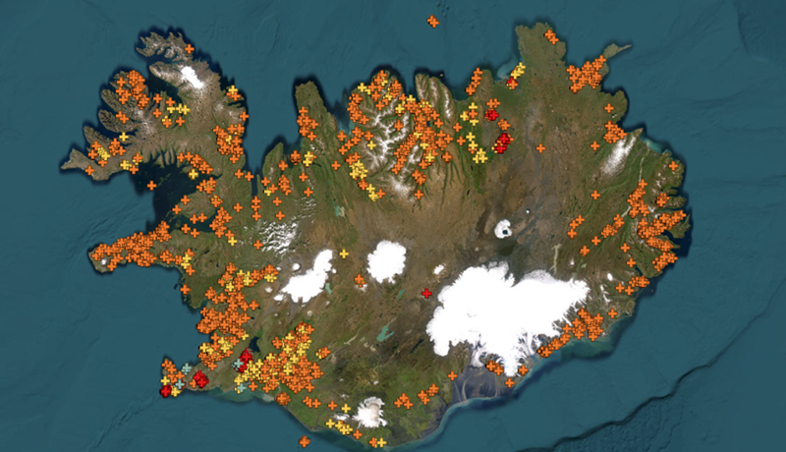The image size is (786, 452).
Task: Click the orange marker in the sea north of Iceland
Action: tap(433, 21)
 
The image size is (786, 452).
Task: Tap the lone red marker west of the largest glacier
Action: tap(426, 293)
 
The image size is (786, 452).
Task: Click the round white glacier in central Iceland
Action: tap(386, 260)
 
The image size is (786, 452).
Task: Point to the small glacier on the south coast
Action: tap(371, 412)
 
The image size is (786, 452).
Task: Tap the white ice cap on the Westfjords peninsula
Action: tap(192, 77)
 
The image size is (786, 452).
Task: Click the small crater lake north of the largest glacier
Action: tap(503, 229)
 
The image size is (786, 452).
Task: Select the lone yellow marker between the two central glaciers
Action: tap(344, 254)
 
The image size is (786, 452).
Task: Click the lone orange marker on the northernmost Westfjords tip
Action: tap(189, 48)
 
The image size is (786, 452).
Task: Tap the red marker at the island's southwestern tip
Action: tap(165, 392)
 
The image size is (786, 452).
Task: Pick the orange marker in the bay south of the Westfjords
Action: tap(151, 185)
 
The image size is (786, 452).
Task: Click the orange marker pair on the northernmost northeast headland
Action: tap(551, 37)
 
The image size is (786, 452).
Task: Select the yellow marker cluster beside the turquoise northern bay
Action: tap(519, 70)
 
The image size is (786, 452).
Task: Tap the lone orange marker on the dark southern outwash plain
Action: tap(452, 375)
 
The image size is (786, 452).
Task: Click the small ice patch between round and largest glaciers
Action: tap(438, 269)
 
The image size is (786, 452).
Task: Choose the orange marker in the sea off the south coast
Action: tap(304, 442)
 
